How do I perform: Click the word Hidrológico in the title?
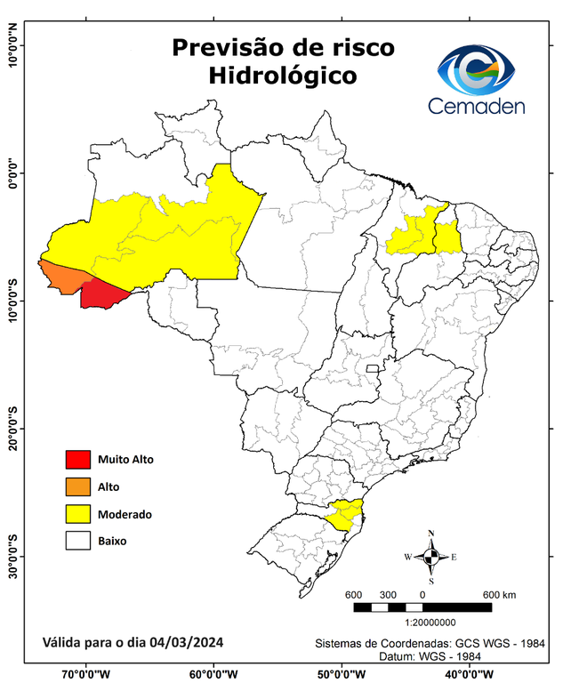pyautogui.click(x=283, y=76)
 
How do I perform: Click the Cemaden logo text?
pyautogui.click(x=477, y=106)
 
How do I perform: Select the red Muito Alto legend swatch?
pyautogui.click(x=78, y=460)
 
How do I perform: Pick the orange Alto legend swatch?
pyautogui.click(x=78, y=486)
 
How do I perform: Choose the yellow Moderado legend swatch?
pyautogui.click(x=78, y=514)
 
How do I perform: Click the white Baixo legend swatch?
pyautogui.click(x=78, y=541)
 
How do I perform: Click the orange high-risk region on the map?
pyautogui.click(x=64, y=276)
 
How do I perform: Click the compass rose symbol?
pyautogui.click(x=431, y=557)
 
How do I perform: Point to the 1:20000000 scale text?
pyautogui.click(x=431, y=623)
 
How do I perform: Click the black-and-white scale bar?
pyautogui.click(x=422, y=607)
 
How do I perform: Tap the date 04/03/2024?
pyautogui.click(x=187, y=642)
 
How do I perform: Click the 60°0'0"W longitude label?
pyautogui.click(x=213, y=673)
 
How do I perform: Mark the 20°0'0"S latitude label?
pyautogui.click(x=12, y=430)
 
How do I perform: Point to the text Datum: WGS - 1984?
pyautogui.click(x=428, y=656)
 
